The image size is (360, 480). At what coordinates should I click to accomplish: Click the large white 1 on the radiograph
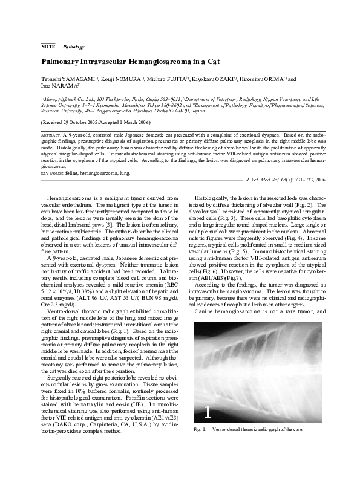point(208,412)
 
